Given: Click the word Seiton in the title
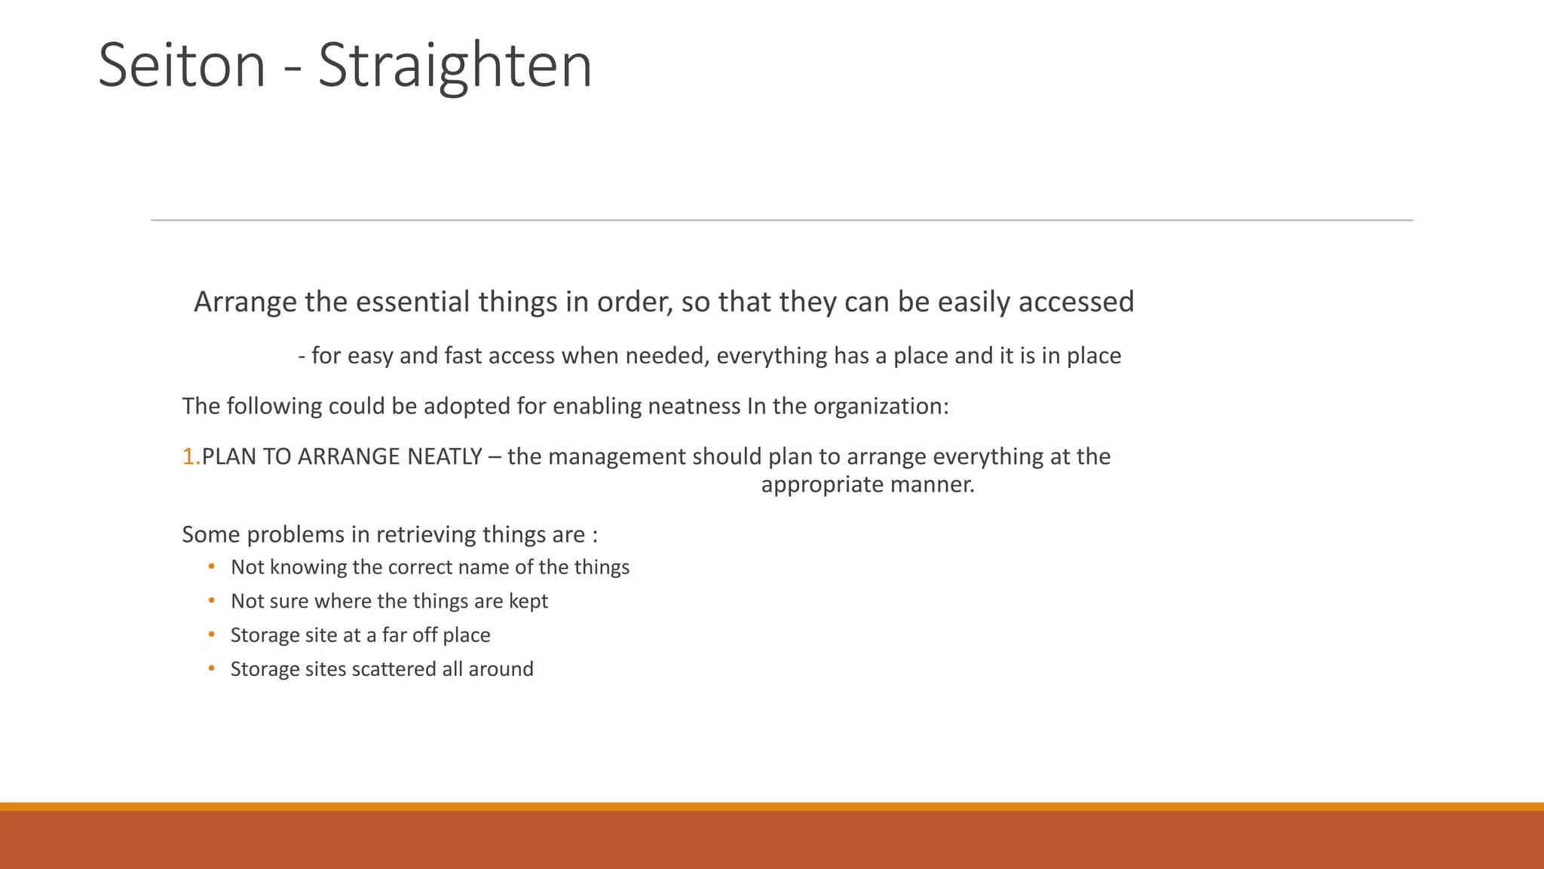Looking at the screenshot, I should pyautogui.click(x=182, y=66).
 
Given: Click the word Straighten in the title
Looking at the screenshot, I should pyautogui.click(x=455, y=66).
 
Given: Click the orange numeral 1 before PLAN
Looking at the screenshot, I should pyautogui.click(x=188, y=456).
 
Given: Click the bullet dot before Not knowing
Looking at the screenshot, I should pyautogui.click(x=212, y=567).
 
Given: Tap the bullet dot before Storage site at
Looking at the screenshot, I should pyautogui.click(x=212, y=634).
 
